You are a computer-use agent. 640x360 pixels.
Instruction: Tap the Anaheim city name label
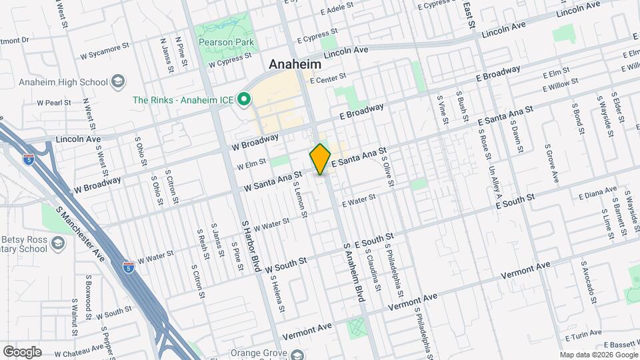tap(295, 65)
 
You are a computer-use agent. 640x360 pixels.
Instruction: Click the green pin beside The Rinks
tap(244, 101)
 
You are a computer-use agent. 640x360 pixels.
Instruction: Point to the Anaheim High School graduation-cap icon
tap(118, 82)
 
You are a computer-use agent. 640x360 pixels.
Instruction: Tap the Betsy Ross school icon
tap(58, 243)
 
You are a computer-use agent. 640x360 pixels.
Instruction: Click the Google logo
tap(22, 352)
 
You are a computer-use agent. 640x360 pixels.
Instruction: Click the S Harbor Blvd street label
tap(250, 247)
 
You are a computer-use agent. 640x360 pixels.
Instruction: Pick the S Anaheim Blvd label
tap(354, 273)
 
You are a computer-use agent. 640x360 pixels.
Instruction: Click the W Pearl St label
tap(54, 103)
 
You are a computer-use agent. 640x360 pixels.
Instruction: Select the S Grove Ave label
tap(551, 163)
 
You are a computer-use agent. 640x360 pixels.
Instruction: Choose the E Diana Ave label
tap(597, 195)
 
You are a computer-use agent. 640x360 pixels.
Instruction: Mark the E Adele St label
tap(337, 11)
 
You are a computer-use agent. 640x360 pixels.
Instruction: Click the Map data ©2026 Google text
tap(598, 355)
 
